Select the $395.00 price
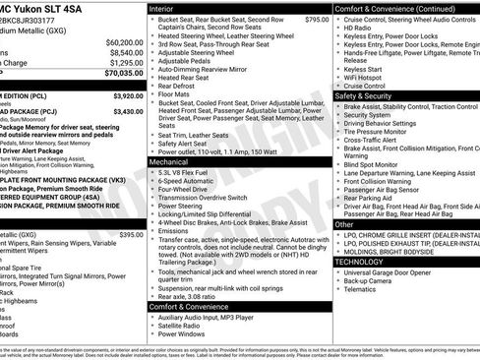coord(131,235)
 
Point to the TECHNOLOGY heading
coord(360,262)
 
